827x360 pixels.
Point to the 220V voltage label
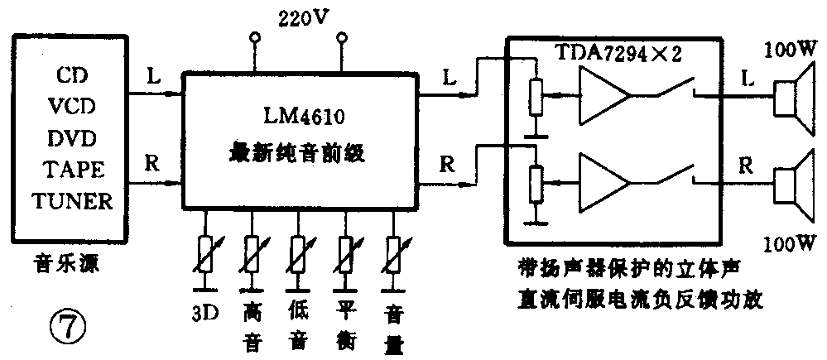pyautogui.click(x=298, y=17)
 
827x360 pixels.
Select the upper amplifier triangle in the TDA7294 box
pyautogui.click(x=604, y=93)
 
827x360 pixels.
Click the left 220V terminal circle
pyautogui.click(x=254, y=38)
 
